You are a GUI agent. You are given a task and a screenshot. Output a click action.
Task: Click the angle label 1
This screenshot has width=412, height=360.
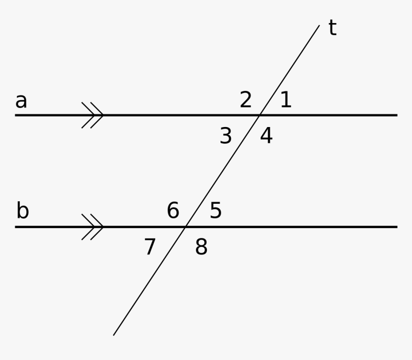[x=286, y=100]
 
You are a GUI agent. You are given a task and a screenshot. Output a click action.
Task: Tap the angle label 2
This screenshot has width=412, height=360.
[x=246, y=100]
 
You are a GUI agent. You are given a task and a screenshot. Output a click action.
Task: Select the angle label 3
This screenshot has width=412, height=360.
[x=226, y=137]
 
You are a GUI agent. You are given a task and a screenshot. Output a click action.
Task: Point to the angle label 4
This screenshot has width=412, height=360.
[x=266, y=136]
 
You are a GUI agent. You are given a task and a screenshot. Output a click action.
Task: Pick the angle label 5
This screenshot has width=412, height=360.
[x=216, y=211]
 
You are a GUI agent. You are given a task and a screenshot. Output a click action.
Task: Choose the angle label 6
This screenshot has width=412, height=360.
[x=173, y=211]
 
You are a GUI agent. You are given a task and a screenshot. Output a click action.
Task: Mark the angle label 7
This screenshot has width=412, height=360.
[x=150, y=247]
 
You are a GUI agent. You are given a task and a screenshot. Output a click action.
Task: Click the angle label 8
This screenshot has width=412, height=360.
[x=201, y=247]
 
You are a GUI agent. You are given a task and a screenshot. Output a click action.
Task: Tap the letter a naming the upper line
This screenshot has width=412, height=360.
[x=21, y=101]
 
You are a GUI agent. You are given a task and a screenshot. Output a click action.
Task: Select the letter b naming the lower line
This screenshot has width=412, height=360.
[x=23, y=211]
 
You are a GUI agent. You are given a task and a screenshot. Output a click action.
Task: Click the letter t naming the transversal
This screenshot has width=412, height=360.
[x=332, y=28]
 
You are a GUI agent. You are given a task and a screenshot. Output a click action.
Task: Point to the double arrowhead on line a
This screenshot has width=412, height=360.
[x=93, y=115]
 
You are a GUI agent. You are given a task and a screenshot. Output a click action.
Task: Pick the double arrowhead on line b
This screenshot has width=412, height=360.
[x=93, y=227]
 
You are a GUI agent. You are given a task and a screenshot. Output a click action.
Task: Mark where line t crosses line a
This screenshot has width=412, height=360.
[x=260, y=115]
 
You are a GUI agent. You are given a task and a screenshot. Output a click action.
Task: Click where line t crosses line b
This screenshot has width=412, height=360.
[x=185, y=227]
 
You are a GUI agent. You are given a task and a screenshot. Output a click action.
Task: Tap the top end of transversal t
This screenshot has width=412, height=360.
[x=319, y=25]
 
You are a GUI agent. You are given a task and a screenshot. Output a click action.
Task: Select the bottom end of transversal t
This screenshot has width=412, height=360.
[x=114, y=335]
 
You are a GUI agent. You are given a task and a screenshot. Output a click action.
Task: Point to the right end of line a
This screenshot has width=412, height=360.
[x=397, y=115]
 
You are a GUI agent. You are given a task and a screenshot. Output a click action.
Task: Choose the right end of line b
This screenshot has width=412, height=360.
[x=397, y=227]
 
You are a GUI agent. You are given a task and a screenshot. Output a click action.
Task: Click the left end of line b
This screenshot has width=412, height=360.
[x=16, y=227]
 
